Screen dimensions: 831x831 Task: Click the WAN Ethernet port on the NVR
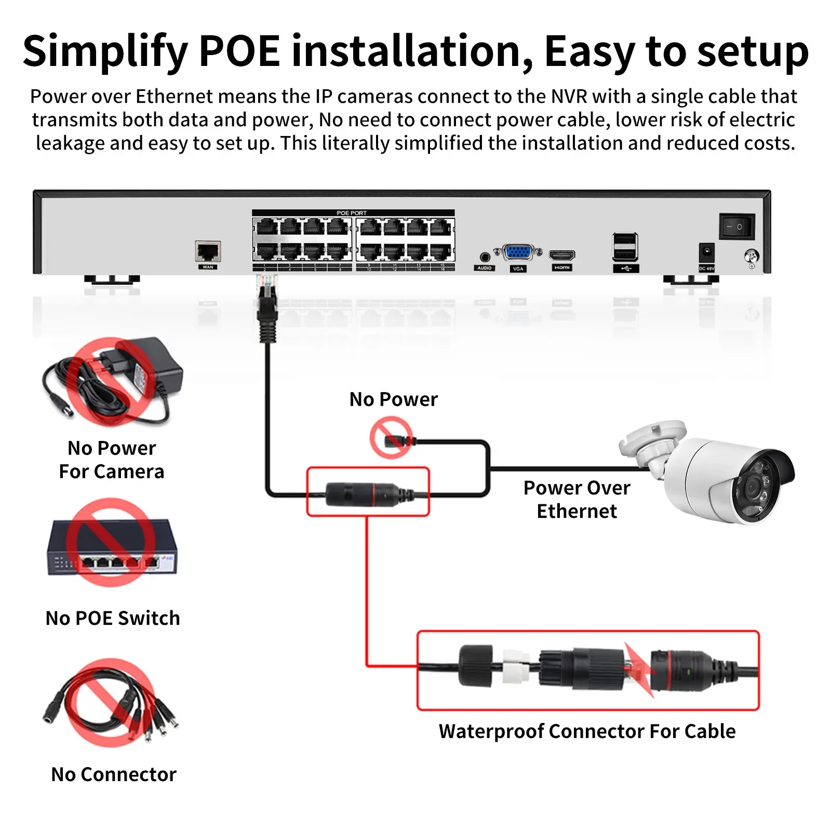[x=208, y=251]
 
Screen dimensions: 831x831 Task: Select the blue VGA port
[x=517, y=252]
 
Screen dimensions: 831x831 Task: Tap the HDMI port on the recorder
[x=562, y=255]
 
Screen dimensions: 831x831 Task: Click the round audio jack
[x=485, y=256]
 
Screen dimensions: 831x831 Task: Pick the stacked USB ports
[x=625, y=247]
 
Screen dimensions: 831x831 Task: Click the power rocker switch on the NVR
[x=736, y=226]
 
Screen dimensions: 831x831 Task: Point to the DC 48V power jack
[x=706, y=253]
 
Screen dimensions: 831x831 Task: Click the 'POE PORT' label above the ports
[x=352, y=213]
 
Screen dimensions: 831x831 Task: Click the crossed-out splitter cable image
[x=111, y=704]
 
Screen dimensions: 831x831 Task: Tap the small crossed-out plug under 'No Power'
[x=392, y=439]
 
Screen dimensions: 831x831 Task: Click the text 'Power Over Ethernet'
[x=577, y=499]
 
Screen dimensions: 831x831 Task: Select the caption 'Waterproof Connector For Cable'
[x=587, y=731]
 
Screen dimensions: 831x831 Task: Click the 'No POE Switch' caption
[x=113, y=618]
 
